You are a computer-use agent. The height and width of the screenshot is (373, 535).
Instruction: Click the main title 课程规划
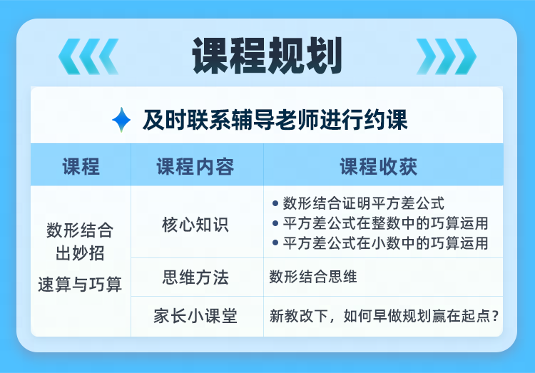tap(267, 56)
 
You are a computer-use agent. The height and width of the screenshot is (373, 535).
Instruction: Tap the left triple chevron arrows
tap(88, 56)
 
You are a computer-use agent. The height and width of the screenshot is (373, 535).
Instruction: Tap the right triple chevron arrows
tap(447, 56)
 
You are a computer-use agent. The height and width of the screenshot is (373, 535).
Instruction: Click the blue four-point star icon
tap(121, 120)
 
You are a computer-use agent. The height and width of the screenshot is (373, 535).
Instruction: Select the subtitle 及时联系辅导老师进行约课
tap(275, 120)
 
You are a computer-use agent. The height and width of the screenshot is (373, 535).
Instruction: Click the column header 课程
tap(81, 167)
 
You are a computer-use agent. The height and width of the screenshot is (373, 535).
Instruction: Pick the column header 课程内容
tap(195, 167)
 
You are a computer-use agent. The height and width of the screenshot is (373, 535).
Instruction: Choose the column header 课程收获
tap(379, 167)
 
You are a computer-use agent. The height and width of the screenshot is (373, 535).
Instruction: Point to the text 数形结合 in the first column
tap(80, 230)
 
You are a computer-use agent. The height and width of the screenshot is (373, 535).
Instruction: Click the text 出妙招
tap(80, 253)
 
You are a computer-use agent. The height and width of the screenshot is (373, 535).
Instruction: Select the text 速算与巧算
tap(80, 285)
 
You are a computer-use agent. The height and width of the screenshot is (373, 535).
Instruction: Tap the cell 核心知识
tap(195, 225)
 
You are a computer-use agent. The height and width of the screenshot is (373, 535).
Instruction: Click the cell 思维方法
tap(195, 277)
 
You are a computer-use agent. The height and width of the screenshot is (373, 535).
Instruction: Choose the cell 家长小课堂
tap(195, 316)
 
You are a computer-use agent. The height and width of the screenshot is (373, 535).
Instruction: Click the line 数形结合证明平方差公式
tap(364, 203)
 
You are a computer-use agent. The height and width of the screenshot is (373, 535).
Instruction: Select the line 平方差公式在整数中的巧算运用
tap(385, 223)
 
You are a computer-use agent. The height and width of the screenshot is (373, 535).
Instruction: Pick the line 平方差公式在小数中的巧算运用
tap(385, 243)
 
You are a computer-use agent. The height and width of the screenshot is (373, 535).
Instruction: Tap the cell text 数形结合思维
tap(313, 277)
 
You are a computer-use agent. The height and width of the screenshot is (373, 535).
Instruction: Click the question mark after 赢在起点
tap(496, 316)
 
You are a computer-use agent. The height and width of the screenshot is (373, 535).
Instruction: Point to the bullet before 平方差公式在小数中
tap(275, 242)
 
